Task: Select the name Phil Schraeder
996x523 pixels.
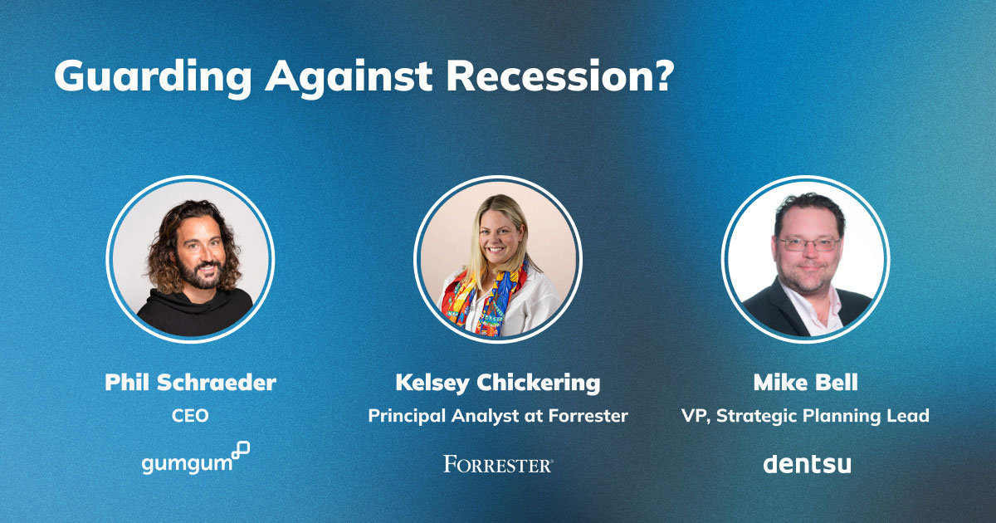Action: (x=190, y=383)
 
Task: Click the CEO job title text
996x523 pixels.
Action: (x=190, y=416)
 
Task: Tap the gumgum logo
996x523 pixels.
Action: (x=196, y=458)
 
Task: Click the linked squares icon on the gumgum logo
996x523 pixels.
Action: (x=241, y=450)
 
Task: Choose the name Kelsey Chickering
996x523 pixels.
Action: (x=498, y=384)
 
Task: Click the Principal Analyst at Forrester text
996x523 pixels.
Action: (x=498, y=416)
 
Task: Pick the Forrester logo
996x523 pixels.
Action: (x=498, y=464)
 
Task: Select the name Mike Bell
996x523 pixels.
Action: (x=806, y=383)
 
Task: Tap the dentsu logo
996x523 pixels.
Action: (x=807, y=464)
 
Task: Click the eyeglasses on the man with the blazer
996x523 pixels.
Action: (x=808, y=244)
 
